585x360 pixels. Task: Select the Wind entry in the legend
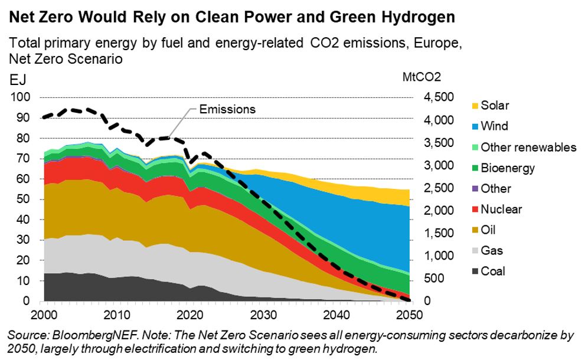[x=494, y=126]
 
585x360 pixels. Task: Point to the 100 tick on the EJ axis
[x=21, y=97]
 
